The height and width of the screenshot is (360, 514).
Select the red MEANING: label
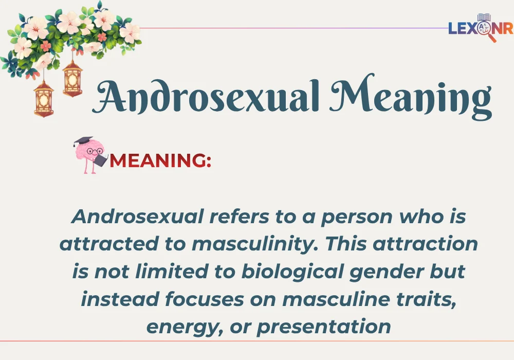pyautogui.click(x=160, y=161)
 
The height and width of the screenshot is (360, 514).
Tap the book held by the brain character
pyautogui.click(x=100, y=160)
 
